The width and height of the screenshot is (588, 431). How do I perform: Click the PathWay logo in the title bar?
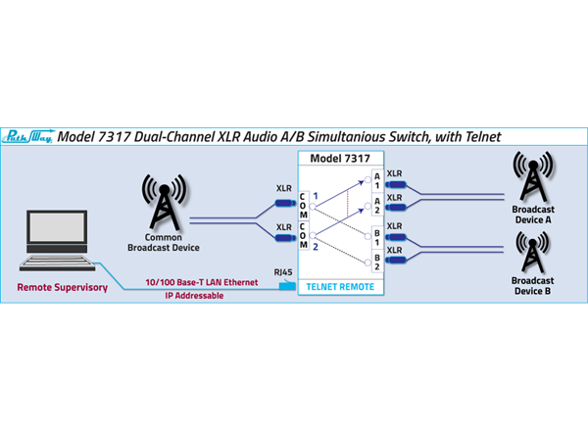coord(30,137)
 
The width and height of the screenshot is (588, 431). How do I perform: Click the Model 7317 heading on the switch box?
coord(339,158)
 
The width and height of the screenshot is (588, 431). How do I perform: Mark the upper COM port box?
coord(303,205)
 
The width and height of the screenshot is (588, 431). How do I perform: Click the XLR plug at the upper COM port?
coord(284,204)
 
